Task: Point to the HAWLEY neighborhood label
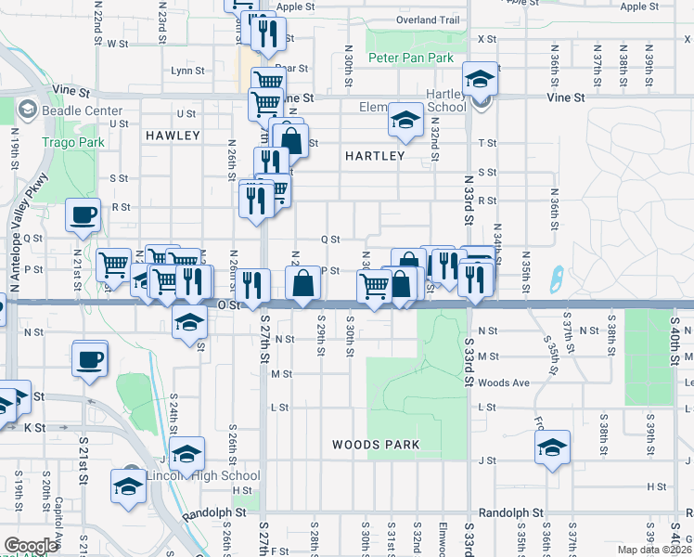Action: pyautogui.click(x=173, y=136)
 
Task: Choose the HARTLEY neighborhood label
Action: pyautogui.click(x=375, y=156)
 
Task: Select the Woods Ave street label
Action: pyautogui.click(x=505, y=382)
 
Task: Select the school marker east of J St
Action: pyautogui.click(x=552, y=448)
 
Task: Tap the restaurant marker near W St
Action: pyautogui.click(x=266, y=33)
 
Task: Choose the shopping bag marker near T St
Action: pyautogui.click(x=291, y=140)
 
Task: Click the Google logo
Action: pyautogui.click(x=31, y=546)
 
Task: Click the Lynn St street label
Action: pyautogui.click(x=187, y=71)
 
